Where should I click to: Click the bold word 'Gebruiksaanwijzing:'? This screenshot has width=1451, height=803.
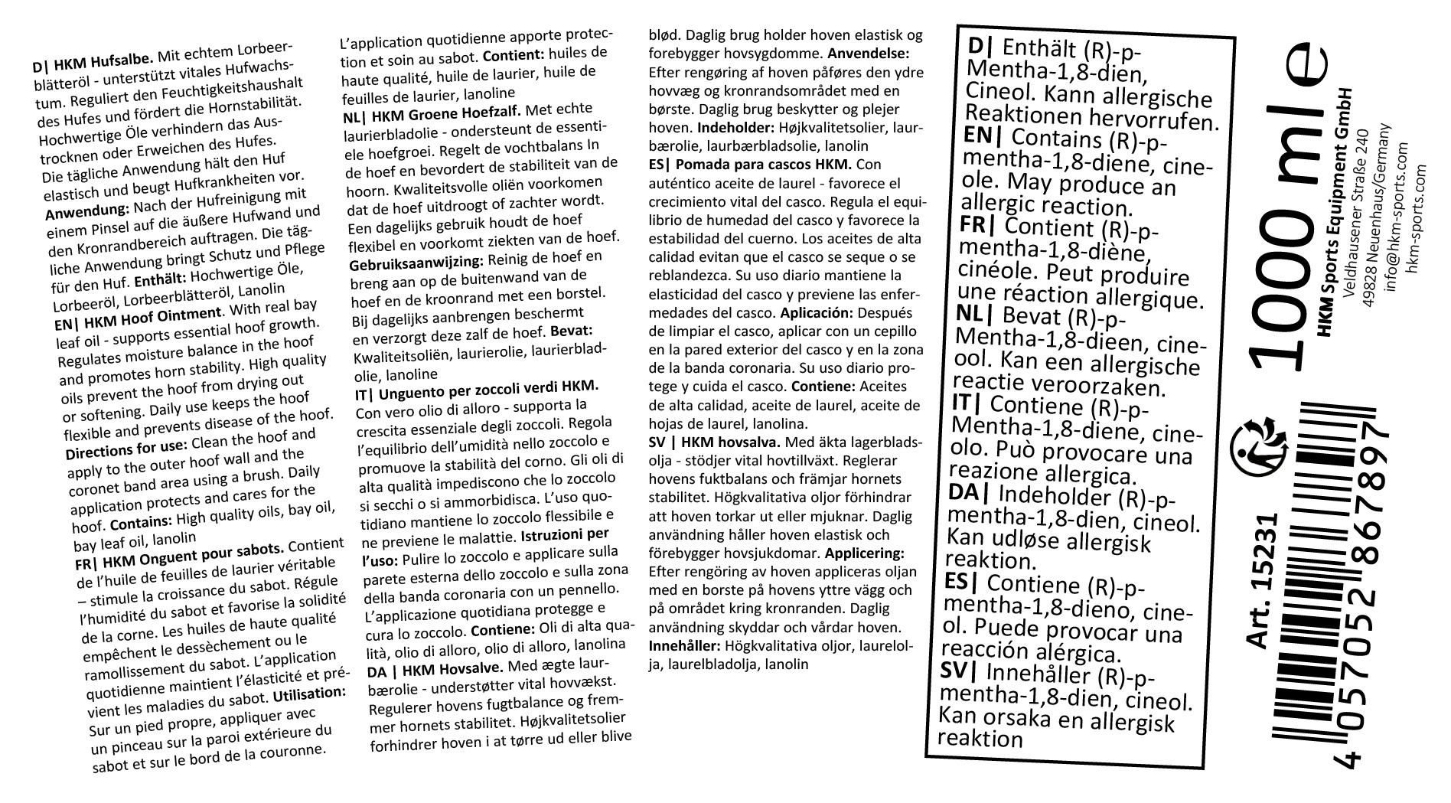pos(416,262)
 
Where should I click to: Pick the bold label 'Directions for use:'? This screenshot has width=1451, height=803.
pos(126,447)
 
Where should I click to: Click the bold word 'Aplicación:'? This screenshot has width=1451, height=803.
pos(816,313)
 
